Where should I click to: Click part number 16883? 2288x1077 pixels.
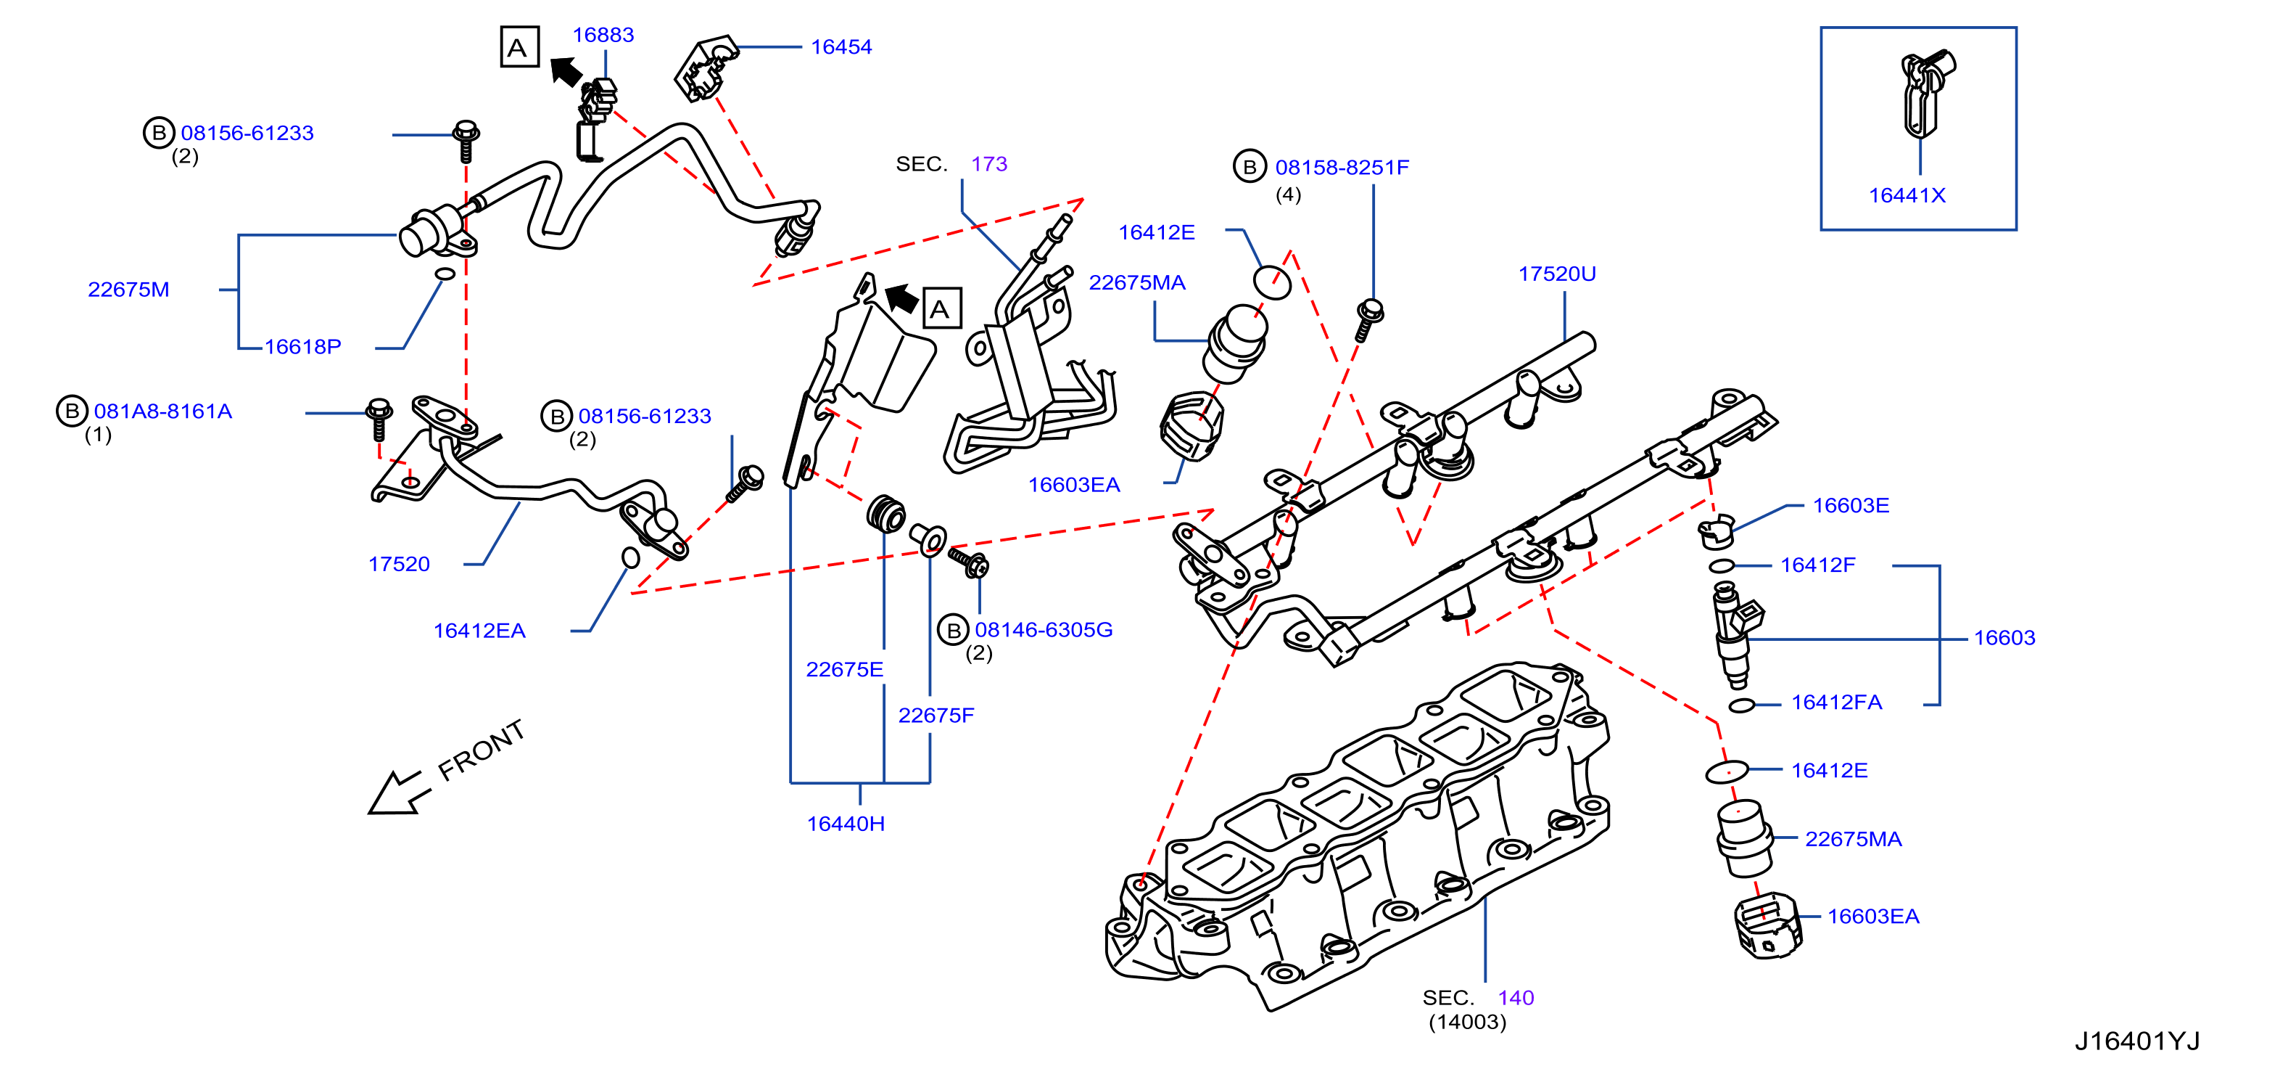pyautogui.click(x=603, y=35)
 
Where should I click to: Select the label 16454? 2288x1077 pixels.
pyautogui.click(x=841, y=47)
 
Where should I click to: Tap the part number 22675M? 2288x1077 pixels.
pyautogui.click(x=129, y=290)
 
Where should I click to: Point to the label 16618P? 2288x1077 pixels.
pyautogui.click(x=303, y=347)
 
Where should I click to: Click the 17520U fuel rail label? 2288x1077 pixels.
pyautogui.click(x=1557, y=274)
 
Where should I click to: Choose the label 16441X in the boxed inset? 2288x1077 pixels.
pyautogui.click(x=1907, y=195)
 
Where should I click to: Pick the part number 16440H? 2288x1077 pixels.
pyautogui.click(x=846, y=824)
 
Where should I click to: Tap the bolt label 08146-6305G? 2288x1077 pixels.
pyautogui.click(x=1044, y=630)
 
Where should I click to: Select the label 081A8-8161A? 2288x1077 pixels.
pyautogui.click(x=163, y=411)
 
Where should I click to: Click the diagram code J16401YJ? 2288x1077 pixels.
pyautogui.click(x=2137, y=1041)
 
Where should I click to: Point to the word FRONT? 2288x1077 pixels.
pyautogui.click(x=482, y=751)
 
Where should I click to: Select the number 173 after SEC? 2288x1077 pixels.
pyautogui.click(x=989, y=165)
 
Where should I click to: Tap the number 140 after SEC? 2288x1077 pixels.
pyautogui.click(x=1516, y=998)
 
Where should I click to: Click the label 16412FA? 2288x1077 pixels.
pyautogui.click(x=1837, y=703)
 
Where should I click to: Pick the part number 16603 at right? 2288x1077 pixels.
pyautogui.click(x=2004, y=638)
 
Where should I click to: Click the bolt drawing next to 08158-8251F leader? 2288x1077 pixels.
pyautogui.click(x=1368, y=321)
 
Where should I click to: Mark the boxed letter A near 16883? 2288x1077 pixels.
pyautogui.click(x=519, y=48)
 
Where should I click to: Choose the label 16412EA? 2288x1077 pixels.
pyautogui.click(x=479, y=631)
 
